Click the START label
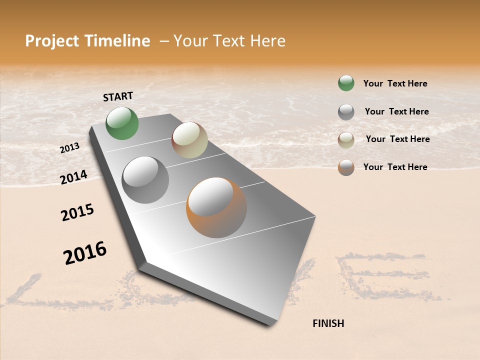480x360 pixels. (x=118, y=96)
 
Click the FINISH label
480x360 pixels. (x=328, y=323)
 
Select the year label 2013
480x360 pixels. (x=69, y=148)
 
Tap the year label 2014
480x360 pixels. (x=73, y=177)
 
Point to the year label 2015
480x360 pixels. (x=77, y=212)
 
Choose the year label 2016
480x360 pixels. (x=85, y=253)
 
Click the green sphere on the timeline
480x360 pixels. (x=122, y=123)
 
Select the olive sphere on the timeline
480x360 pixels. (x=189, y=140)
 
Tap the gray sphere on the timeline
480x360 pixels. (x=145, y=180)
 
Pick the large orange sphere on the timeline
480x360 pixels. (x=216, y=207)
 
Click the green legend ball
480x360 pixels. (x=346, y=83)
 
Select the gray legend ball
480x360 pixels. (x=346, y=112)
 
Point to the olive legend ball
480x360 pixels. (x=346, y=140)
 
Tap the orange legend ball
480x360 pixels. (x=346, y=167)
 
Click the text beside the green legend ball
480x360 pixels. (x=395, y=83)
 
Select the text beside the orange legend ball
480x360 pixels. (x=395, y=167)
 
